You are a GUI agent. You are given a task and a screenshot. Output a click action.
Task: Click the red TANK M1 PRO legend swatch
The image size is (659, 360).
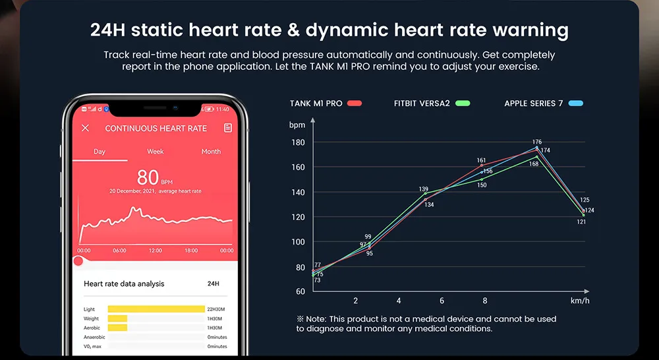tap(355, 104)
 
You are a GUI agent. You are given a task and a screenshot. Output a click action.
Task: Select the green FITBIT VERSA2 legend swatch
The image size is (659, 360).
tap(463, 104)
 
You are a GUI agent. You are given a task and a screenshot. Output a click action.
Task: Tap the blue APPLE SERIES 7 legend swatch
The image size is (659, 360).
tap(575, 104)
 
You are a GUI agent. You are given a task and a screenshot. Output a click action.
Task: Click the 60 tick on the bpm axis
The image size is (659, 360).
tap(300, 291)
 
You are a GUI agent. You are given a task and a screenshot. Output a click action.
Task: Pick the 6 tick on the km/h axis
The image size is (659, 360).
tap(442, 301)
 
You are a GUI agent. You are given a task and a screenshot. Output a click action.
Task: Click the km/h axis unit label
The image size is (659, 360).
tap(579, 301)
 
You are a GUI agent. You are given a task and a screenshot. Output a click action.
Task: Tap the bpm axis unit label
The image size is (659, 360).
tap(297, 124)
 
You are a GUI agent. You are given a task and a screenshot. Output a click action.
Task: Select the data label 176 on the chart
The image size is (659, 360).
tap(536, 142)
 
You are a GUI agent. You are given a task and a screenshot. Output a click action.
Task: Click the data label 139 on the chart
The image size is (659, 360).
tap(424, 189)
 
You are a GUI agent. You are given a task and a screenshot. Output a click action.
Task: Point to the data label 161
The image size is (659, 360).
tap(481, 160)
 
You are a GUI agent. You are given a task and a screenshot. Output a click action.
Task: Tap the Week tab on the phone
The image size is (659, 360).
tap(156, 152)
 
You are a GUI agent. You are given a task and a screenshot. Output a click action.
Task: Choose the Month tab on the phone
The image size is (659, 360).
tap(211, 152)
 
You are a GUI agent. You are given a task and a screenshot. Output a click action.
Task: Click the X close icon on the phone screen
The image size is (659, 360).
tap(85, 128)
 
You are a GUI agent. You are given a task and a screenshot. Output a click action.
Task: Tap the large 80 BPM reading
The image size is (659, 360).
tap(148, 177)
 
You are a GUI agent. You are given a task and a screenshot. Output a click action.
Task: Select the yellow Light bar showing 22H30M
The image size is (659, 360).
tap(156, 309)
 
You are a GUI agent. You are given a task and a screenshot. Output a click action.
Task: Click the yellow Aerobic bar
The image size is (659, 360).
tap(117, 328)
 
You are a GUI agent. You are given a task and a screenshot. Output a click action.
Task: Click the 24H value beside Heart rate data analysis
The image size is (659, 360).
tap(214, 284)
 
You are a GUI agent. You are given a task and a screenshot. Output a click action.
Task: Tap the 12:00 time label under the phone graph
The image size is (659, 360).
tap(156, 251)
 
